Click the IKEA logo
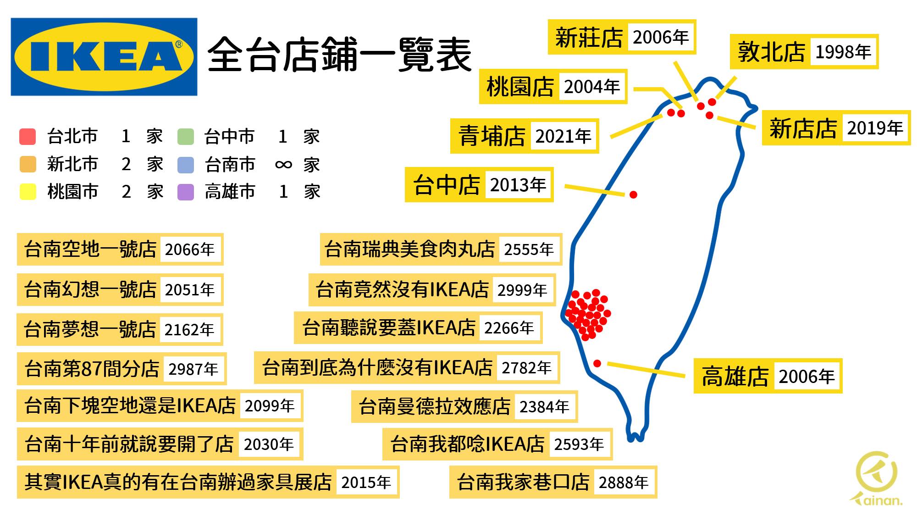click(104, 57)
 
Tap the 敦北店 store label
click(771, 52)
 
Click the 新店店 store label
click(803, 128)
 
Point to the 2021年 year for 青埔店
click(563, 136)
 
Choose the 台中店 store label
click(446, 185)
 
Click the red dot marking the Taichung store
click(633, 195)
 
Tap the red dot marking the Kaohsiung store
click(597, 363)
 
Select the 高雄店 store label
click(735, 377)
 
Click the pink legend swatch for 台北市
click(28, 137)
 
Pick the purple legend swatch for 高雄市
click(186, 192)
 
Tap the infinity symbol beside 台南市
click(283, 165)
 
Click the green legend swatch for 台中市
click(186, 137)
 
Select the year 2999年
click(522, 290)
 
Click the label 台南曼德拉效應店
click(434, 406)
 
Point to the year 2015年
click(366, 483)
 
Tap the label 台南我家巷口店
click(523, 482)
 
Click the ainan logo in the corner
click(876, 479)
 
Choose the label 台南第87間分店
click(92, 369)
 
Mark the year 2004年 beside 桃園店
click(591, 87)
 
